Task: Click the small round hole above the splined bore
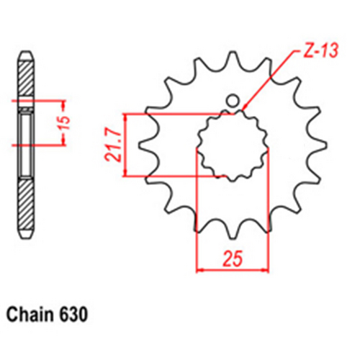pyautogui.click(x=233, y=100)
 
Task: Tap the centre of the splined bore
pyautogui.click(x=232, y=144)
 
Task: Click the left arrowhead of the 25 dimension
pyautogui.click(x=201, y=271)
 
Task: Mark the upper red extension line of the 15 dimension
pyautogui.click(x=43, y=101)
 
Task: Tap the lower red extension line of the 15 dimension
pyautogui.click(x=43, y=145)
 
